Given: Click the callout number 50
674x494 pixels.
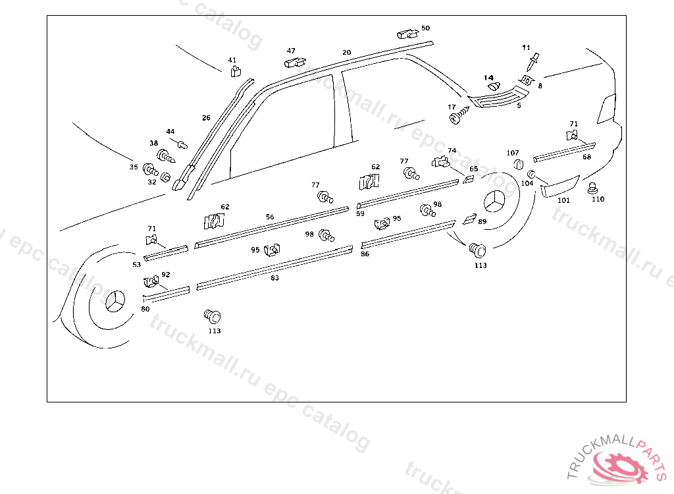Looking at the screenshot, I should [x=425, y=28].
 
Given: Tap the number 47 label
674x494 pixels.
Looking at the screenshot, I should [x=291, y=51].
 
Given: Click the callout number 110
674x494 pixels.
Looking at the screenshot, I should [x=597, y=200].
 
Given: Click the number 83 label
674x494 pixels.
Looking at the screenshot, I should [x=274, y=278].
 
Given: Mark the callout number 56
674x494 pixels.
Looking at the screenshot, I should [x=270, y=217].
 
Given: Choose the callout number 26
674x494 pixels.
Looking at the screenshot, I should [x=206, y=118].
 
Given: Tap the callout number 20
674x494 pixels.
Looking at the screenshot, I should [x=347, y=52].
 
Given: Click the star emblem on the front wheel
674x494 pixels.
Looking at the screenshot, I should [x=114, y=302].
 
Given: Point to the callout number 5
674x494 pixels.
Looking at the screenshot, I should [x=519, y=105].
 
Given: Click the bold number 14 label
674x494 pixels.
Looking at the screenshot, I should [x=489, y=78].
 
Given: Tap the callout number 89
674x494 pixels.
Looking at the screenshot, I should [x=482, y=222].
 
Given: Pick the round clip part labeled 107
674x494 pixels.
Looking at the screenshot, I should [x=517, y=164].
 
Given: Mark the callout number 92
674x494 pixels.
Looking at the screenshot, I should [x=165, y=275].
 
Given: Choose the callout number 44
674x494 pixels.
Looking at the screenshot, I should [x=170, y=132].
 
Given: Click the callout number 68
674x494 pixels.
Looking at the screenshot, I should [x=586, y=157].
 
